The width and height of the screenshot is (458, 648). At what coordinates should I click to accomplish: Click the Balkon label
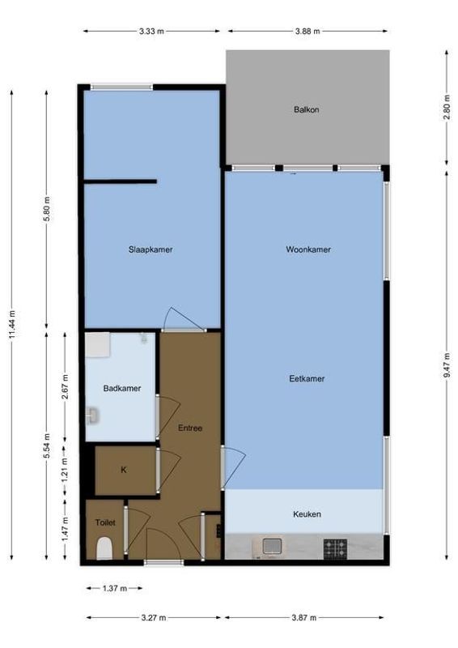tap(306, 109)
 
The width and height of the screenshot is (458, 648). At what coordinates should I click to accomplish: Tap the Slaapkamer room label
tap(151, 249)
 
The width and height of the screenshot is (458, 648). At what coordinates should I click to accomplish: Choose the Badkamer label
tap(122, 388)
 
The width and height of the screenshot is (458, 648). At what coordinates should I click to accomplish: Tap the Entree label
tap(189, 428)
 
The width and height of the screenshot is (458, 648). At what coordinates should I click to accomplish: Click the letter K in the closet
tap(124, 470)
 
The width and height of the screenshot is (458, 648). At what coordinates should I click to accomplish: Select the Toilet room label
tap(105, 522)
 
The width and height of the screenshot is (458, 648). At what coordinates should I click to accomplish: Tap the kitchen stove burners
tap(335, 549)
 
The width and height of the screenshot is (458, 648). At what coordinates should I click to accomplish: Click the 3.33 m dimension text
tap(152, 32)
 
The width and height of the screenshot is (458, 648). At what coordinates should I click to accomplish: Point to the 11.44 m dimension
tap(12, 324)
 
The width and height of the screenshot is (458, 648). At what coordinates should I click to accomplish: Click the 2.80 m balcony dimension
tap(446, 109)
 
